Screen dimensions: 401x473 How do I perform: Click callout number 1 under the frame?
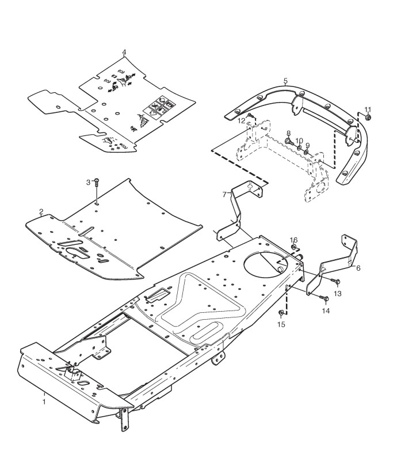tap(44, 398)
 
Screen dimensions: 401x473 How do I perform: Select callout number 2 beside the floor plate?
tap(41, 211)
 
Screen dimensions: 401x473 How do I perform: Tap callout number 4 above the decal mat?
tap(124, 52)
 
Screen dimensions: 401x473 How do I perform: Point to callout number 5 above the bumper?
tap(286, 81)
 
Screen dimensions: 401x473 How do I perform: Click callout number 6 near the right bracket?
tap(358, 268)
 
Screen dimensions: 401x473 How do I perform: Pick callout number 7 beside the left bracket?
tap(224, 194)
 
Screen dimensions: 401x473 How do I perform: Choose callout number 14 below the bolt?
tap(326, 311)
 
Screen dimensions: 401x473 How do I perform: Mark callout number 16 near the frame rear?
tap(293, 239)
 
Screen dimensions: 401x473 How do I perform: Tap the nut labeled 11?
tap(368, 118)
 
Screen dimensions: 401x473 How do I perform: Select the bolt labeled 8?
tap(288, 140)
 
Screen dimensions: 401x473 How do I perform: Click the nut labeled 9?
tap(308, 153)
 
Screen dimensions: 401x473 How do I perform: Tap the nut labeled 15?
tap(281, 313)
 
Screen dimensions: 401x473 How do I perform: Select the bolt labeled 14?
tap(324, 298)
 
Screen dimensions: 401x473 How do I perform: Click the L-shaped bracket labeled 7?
tap(236, 213)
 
